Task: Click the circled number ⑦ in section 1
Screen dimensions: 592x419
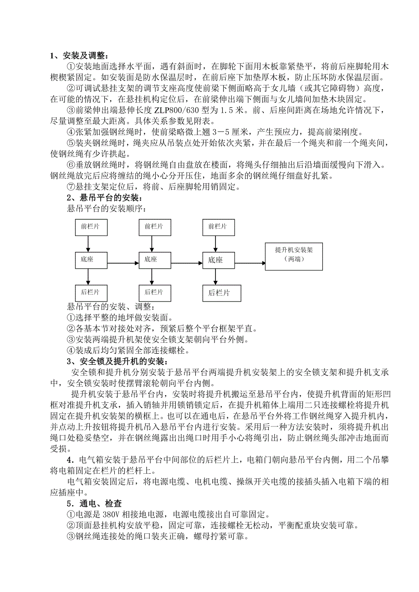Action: (71, 187)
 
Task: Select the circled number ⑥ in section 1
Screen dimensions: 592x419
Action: (71, 166)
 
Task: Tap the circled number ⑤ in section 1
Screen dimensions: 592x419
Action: (71, 144)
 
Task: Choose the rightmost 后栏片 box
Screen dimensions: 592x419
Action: (218, 292)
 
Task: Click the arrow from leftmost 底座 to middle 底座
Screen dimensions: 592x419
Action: (123, 262)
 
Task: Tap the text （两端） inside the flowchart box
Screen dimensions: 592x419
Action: (294, 259)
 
